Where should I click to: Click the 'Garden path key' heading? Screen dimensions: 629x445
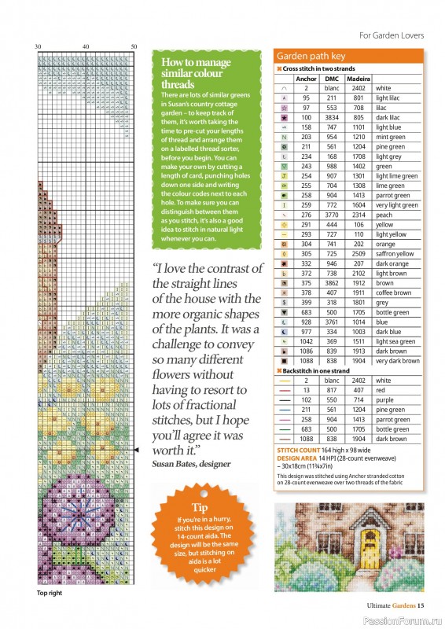pyautogui.click(x=311, y=57)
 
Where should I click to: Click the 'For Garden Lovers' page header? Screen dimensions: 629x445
pyautogui.click(x=392, y=35)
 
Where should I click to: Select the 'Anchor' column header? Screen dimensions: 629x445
pyautogui.click(x=307, y=79)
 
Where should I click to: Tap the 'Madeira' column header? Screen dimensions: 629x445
pyautogui.click(x=359, y=79)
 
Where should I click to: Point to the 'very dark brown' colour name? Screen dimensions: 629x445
pyautogui.click(x=398, y=361)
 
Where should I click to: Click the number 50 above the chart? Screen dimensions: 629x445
pyautogui.click(x=134, y=47)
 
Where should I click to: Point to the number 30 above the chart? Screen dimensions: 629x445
pyautogui.click(x=38, y=47)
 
